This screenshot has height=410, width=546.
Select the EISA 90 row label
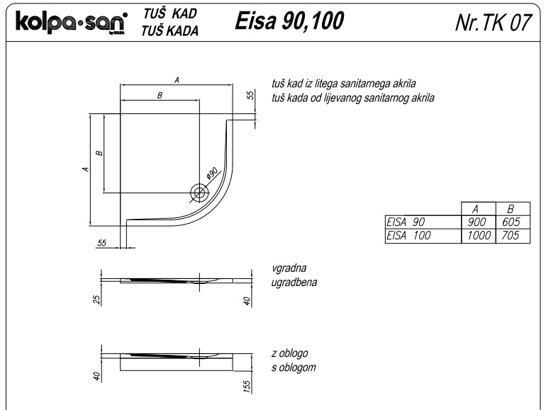click(x=405, y=222)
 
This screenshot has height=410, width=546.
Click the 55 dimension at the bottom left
click(x=102, y=243)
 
